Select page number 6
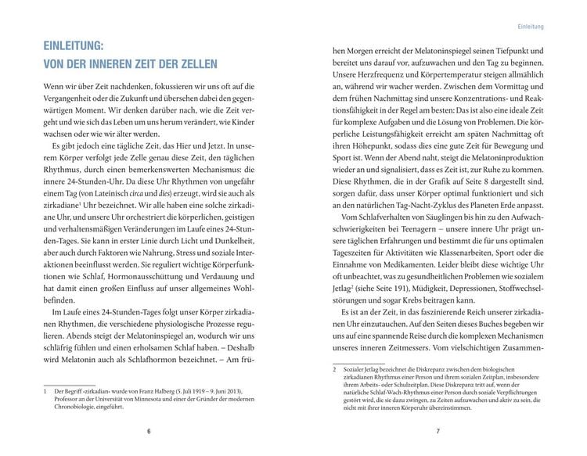point(149,433)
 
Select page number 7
point(438,433)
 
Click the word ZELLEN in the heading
point(196,64)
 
